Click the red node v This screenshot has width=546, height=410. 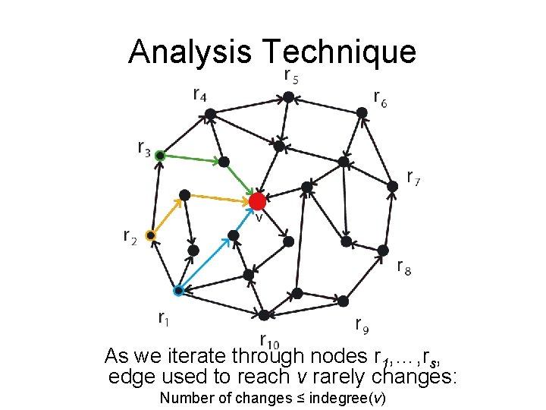257,201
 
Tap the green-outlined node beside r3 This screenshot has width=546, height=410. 160,156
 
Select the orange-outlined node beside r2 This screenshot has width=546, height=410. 151,236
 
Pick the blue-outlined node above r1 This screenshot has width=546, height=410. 178,290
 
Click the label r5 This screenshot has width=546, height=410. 290,76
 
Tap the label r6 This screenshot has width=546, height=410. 380,98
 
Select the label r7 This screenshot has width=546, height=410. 414,178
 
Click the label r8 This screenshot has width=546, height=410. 405,266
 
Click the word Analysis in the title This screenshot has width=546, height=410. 190,52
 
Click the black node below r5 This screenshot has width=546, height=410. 288,97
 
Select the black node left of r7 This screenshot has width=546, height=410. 392,186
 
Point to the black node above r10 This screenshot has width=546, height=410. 263,314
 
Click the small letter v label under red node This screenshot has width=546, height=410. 259,218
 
